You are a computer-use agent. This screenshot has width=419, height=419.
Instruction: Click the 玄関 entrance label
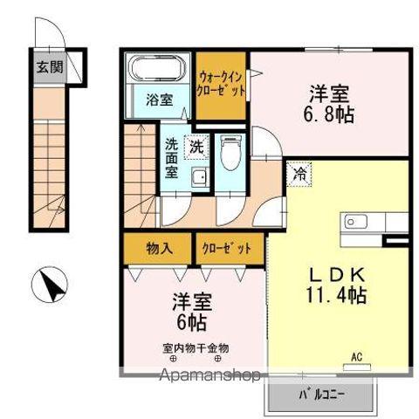pyautogui.click(x=50, y=67)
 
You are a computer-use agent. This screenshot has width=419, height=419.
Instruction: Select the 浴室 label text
pyautogui.click(x=158, y=100)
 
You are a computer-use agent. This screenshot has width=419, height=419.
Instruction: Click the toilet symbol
pyautogui.click(x=230, y=155)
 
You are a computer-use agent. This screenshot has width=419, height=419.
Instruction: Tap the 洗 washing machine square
pyautogui.click(x=198, y=147)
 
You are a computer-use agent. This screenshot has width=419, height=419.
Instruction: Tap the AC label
pyautogui.click(x=356, y=355)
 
